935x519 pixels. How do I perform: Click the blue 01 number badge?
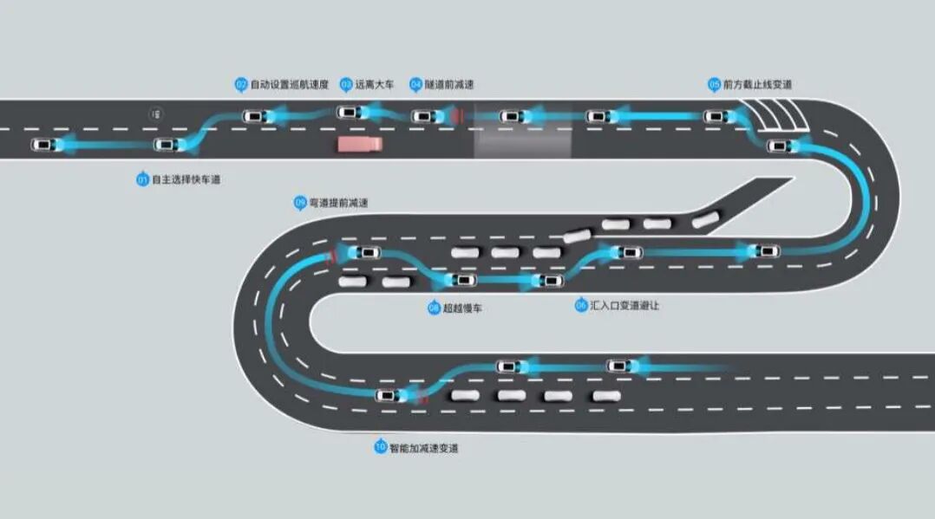pos(142,179)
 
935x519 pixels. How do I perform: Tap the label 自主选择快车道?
pos(186,179)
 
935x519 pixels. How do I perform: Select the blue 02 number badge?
pos(241,84)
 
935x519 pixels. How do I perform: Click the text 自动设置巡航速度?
pos(290,85)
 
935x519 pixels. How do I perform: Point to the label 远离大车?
pos(375,85)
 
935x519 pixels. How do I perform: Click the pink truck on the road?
pos(360,143)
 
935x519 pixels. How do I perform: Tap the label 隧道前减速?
pos(449,85)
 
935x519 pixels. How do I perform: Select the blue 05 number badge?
pos(715,84)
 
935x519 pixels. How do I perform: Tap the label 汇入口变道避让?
pos(624,306)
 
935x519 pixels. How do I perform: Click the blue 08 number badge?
pos(434,308)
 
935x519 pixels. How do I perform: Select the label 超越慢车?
pos(462,308)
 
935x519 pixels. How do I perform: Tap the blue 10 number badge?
pos(380,447)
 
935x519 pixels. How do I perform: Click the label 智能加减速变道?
pos(423,448)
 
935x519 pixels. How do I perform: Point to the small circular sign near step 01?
pos(156,114)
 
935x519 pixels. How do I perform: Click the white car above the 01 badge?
pos(166,145)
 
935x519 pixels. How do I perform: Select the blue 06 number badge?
pos(580,306)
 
